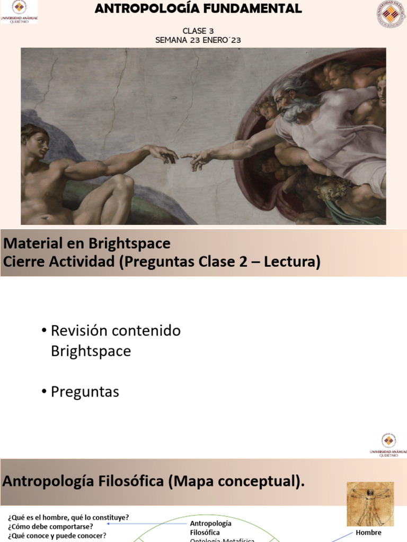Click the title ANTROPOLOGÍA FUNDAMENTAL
[x=198, y=8]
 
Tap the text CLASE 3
[x=198, y=31]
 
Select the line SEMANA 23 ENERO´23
[x=198, y=40]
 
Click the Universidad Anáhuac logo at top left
[x=19, y=12]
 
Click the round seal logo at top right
[x=391, y=14]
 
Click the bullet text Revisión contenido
[x=116, y=331]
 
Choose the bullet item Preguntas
[x=85, y=392]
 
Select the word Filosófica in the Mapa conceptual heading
[x=129, y=481]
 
